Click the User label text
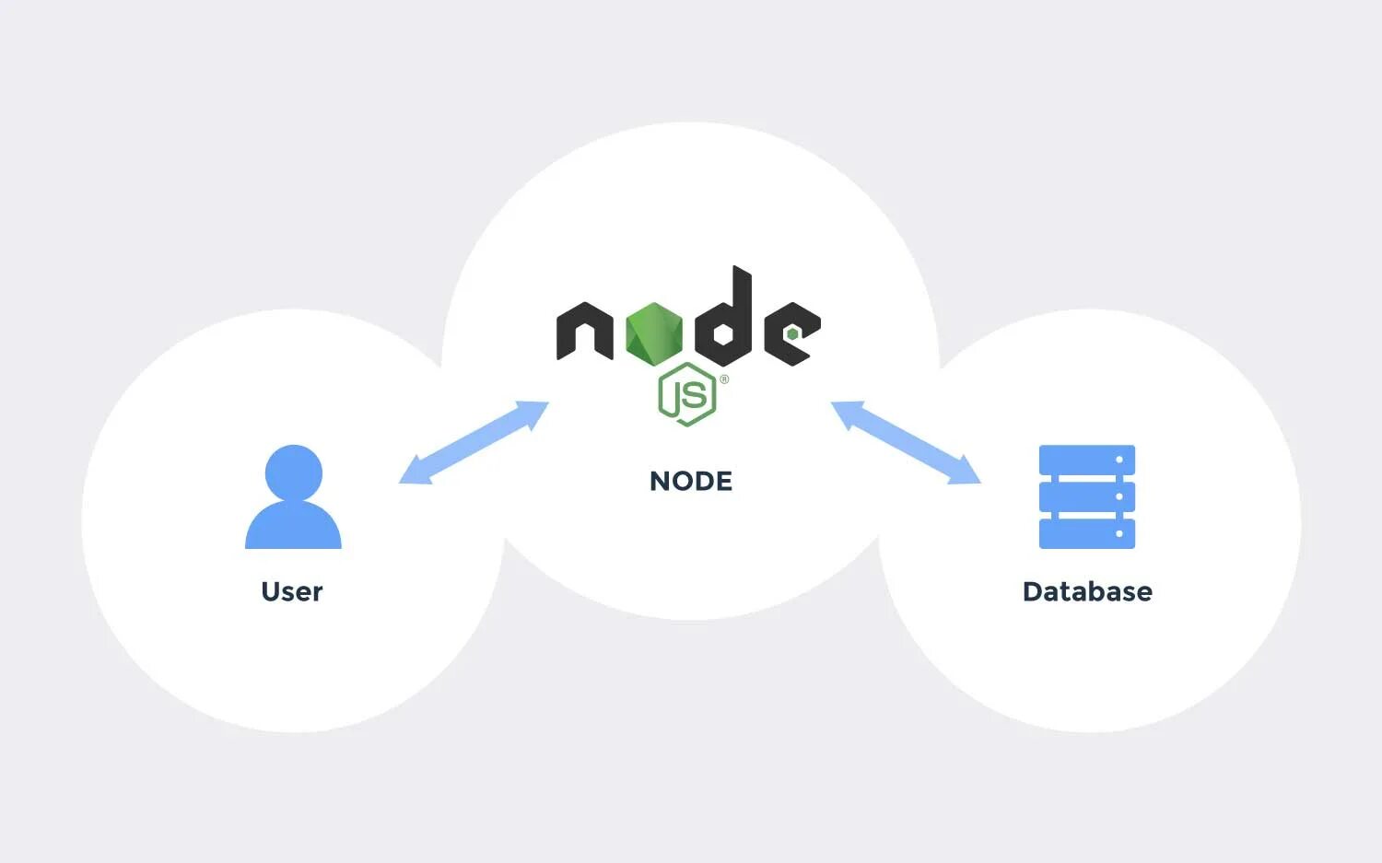coord(292,591)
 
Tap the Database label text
coord(1087,591)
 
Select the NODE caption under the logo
coord(691,481)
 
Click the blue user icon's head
coord(294,472)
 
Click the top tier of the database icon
coord(1087,460)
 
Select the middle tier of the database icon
coord(1087,496)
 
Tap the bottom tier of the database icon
coord(1087,533)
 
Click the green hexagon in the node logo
coord(654,332)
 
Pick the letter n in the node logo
coord(584,331)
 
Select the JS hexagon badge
coord(687,395)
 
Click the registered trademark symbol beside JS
coord(724,379)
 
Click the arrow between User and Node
coord(474,442)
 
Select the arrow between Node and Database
coord(906,442)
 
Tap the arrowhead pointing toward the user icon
coord(411,473)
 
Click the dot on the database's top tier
coord(1119,460)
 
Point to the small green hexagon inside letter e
coord(792,333)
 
